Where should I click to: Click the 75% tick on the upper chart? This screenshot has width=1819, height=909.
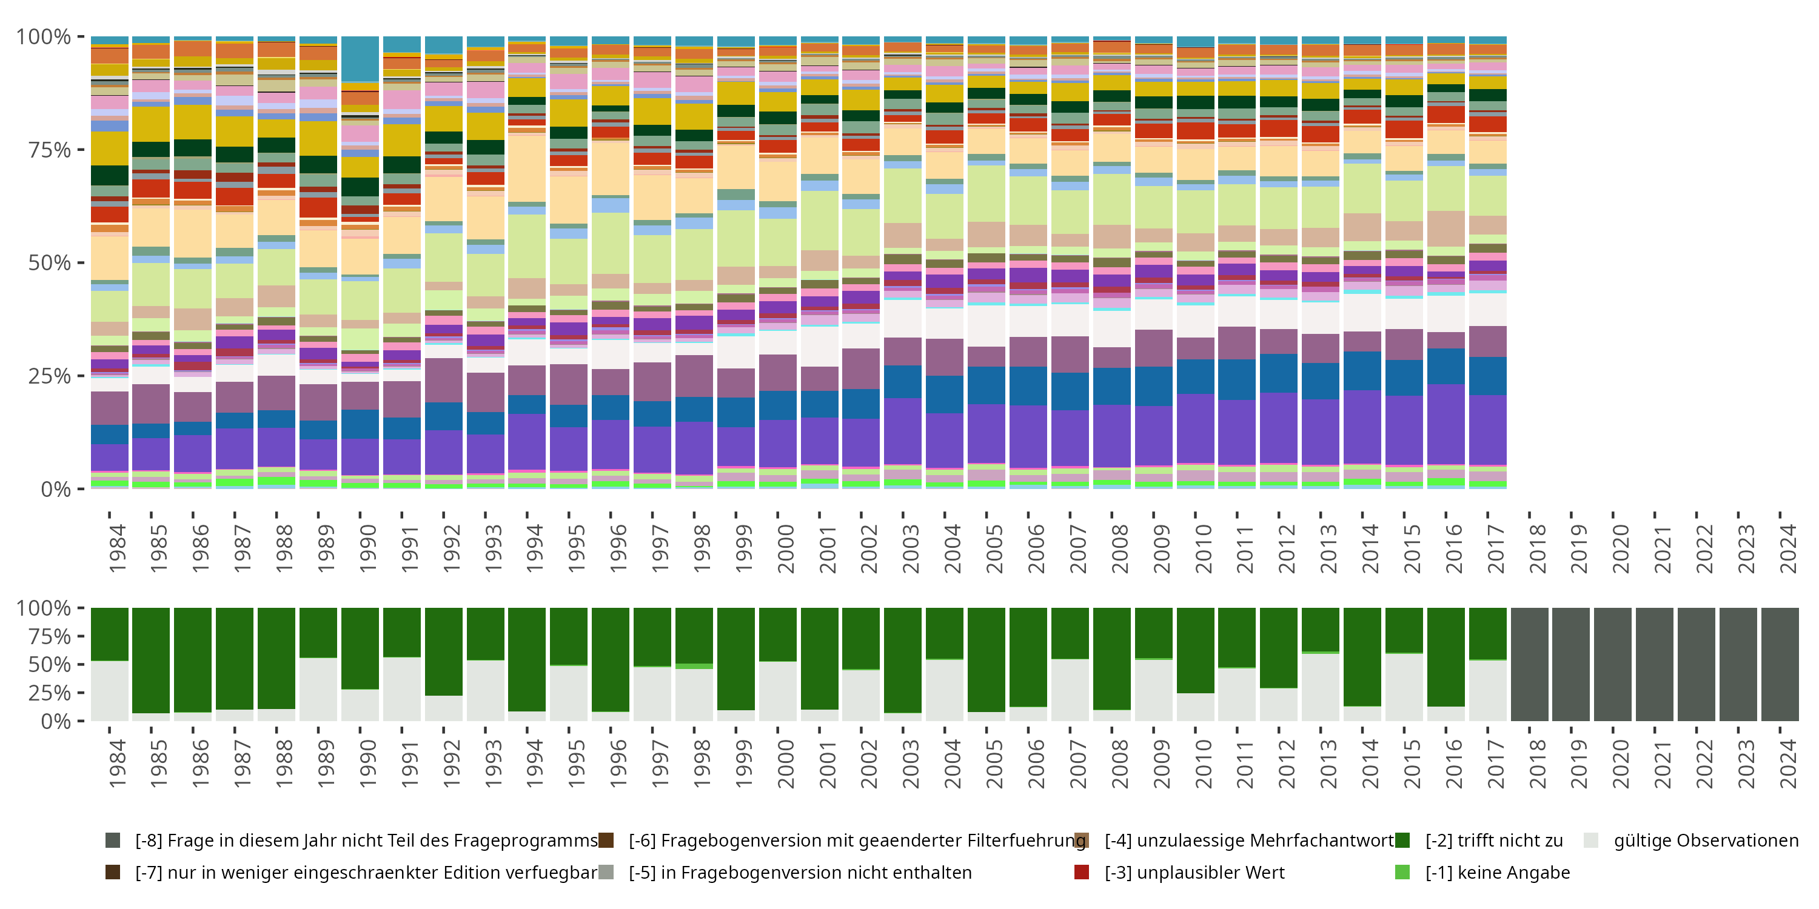pyautogui.click(x=50, y=150)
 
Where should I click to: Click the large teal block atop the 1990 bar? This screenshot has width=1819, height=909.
pyautogui.click(x=360, y=59)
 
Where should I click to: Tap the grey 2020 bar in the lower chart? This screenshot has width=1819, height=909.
pyautogui.click(x=1613, y=664)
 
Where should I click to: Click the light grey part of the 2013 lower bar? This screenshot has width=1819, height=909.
pyautogui.click(x=1321, y=687)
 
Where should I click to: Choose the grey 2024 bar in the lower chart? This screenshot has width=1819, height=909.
pyautogui.click(x=1780, y=664)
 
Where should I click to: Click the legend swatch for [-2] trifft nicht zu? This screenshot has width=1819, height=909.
pyautogui.click(x=1402, y=841)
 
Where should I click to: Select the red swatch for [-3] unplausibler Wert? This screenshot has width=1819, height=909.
pyautogui.click(x=1081, y=872)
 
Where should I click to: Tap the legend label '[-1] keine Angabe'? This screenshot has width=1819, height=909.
pyautogui.click(x=1497, y=872)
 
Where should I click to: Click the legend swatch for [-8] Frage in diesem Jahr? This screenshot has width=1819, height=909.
pyautogui.click(x=112, y=841)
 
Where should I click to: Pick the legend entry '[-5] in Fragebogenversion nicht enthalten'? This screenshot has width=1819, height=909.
pyautogui.click(x=800, y=872)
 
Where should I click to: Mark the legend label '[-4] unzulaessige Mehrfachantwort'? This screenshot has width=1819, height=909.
pyautogui.click(x=1249, y=841)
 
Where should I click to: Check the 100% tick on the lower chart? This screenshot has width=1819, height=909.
pyautogui.click(x=44, y=608)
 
